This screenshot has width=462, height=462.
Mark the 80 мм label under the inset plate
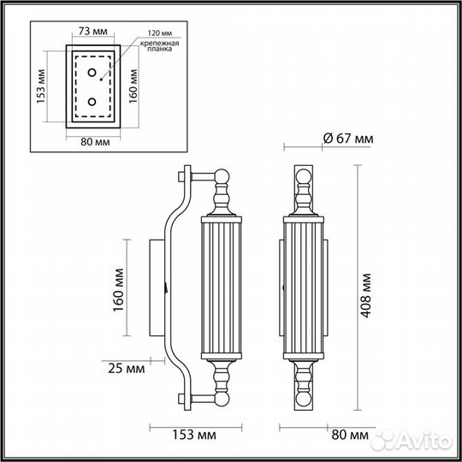90,144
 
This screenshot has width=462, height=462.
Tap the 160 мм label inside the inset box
133,85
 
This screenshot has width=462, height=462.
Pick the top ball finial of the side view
222,179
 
